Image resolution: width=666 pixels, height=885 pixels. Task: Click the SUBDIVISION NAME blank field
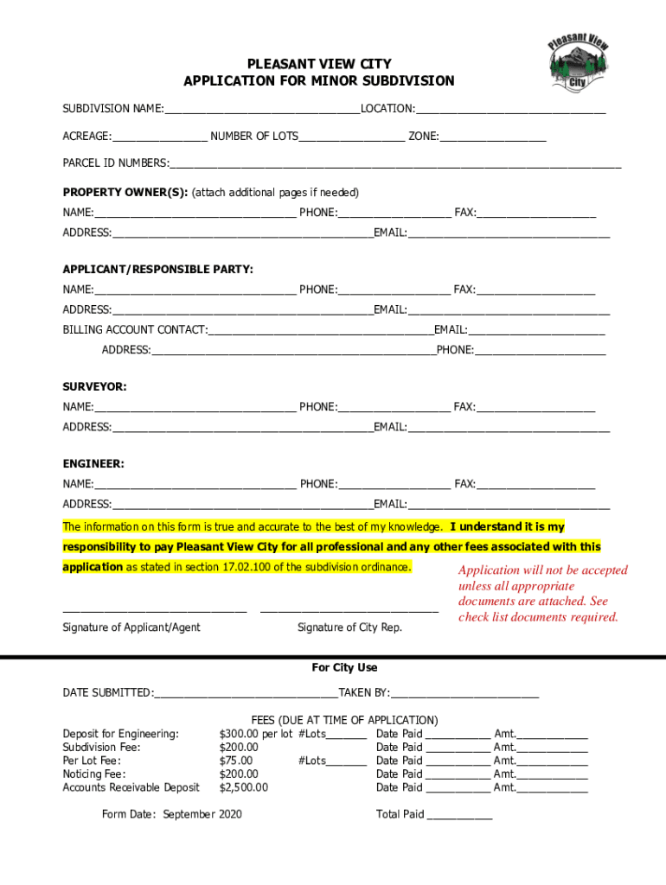(262, 110)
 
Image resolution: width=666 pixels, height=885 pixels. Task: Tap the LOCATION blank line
(510, 110)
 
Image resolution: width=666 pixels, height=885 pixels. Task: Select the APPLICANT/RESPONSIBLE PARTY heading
(157, 270)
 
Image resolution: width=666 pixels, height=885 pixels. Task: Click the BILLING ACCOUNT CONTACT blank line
(321, 330)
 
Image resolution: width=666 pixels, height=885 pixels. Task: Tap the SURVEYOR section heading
(94, 386)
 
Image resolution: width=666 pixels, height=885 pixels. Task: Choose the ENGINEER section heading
(93, 464)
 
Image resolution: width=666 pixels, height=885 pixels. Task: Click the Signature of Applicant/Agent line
(155, 611)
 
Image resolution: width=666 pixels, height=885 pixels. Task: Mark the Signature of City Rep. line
(349, 611)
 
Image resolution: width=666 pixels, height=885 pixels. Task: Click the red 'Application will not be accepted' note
(542, 594)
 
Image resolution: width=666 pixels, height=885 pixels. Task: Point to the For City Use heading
(344, 668)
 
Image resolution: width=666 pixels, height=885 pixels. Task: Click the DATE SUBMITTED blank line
(246, 693)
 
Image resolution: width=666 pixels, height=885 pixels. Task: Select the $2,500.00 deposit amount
(244, 787)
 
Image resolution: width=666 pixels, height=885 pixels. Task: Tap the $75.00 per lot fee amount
(238, 761)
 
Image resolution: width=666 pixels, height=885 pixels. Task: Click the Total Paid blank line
(459, 815)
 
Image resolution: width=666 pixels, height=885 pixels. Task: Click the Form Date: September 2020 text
(172, 814)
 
